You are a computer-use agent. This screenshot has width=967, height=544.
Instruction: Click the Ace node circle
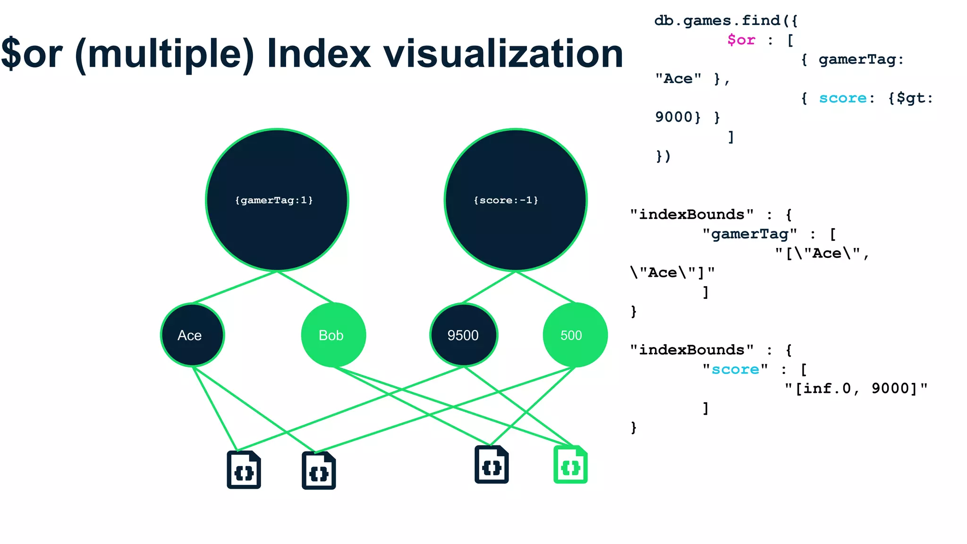click(x=192, y=335)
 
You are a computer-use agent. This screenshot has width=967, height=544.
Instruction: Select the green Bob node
click(x=333, y=335)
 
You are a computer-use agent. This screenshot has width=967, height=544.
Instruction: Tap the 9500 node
click(x=463, y=335)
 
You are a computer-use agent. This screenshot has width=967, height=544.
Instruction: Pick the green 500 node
click(x=575, y=335)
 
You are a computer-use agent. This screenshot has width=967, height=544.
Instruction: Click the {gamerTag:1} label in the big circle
click(x=274, y=200)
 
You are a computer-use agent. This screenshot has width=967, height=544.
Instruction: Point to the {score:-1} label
click(x=506, y=200)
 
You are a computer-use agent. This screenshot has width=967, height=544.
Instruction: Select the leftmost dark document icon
click(x=244, y=470)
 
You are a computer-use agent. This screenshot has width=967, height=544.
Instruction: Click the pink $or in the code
click(x=741, y=40)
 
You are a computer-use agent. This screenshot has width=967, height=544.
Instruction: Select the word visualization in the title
click(x=503, y=54)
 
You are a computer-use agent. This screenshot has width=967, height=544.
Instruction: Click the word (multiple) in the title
click(x=164, y=54)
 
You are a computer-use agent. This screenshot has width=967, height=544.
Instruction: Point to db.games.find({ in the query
click(x=726, y=20)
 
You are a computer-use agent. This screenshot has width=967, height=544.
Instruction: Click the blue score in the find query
click(x=842, y=98)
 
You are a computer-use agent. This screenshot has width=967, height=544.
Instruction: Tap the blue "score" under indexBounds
click(x=735, y=369)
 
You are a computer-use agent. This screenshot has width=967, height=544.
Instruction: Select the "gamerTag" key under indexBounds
click(x=749, y=234)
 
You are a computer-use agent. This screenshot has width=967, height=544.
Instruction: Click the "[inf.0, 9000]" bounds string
click(x=856, y=389)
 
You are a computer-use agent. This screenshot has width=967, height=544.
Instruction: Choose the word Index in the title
click(x=319, y=54)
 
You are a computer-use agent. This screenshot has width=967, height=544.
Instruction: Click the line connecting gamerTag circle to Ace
click(x=234, y=287)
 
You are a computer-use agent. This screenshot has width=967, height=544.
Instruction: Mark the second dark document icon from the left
click(x=319, y=471)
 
